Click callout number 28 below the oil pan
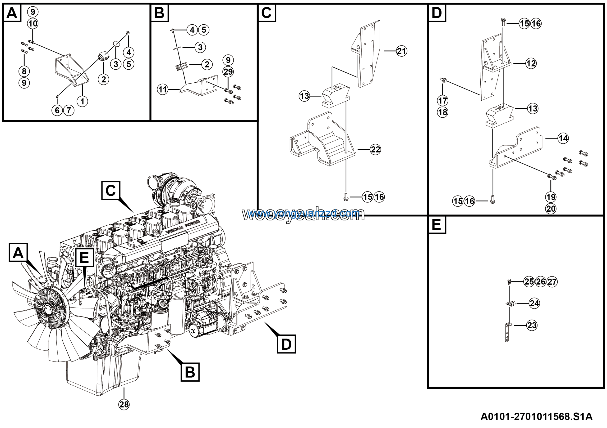(124, 405)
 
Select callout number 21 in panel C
(402, 51)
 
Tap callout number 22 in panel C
(375, 150)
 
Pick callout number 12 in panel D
(531, 63)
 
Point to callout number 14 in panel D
(563, 138)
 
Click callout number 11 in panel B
(163, 89)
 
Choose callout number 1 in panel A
(82, 101)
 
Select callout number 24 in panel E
(534, 303)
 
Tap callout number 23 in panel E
(532, 325)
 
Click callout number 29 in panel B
(228, 71)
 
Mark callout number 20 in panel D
(551, 209)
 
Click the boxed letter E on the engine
(84, 257)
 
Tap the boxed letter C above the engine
(111, 190)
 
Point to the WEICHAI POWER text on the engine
(183, 228)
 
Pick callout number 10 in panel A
(33, 24)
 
